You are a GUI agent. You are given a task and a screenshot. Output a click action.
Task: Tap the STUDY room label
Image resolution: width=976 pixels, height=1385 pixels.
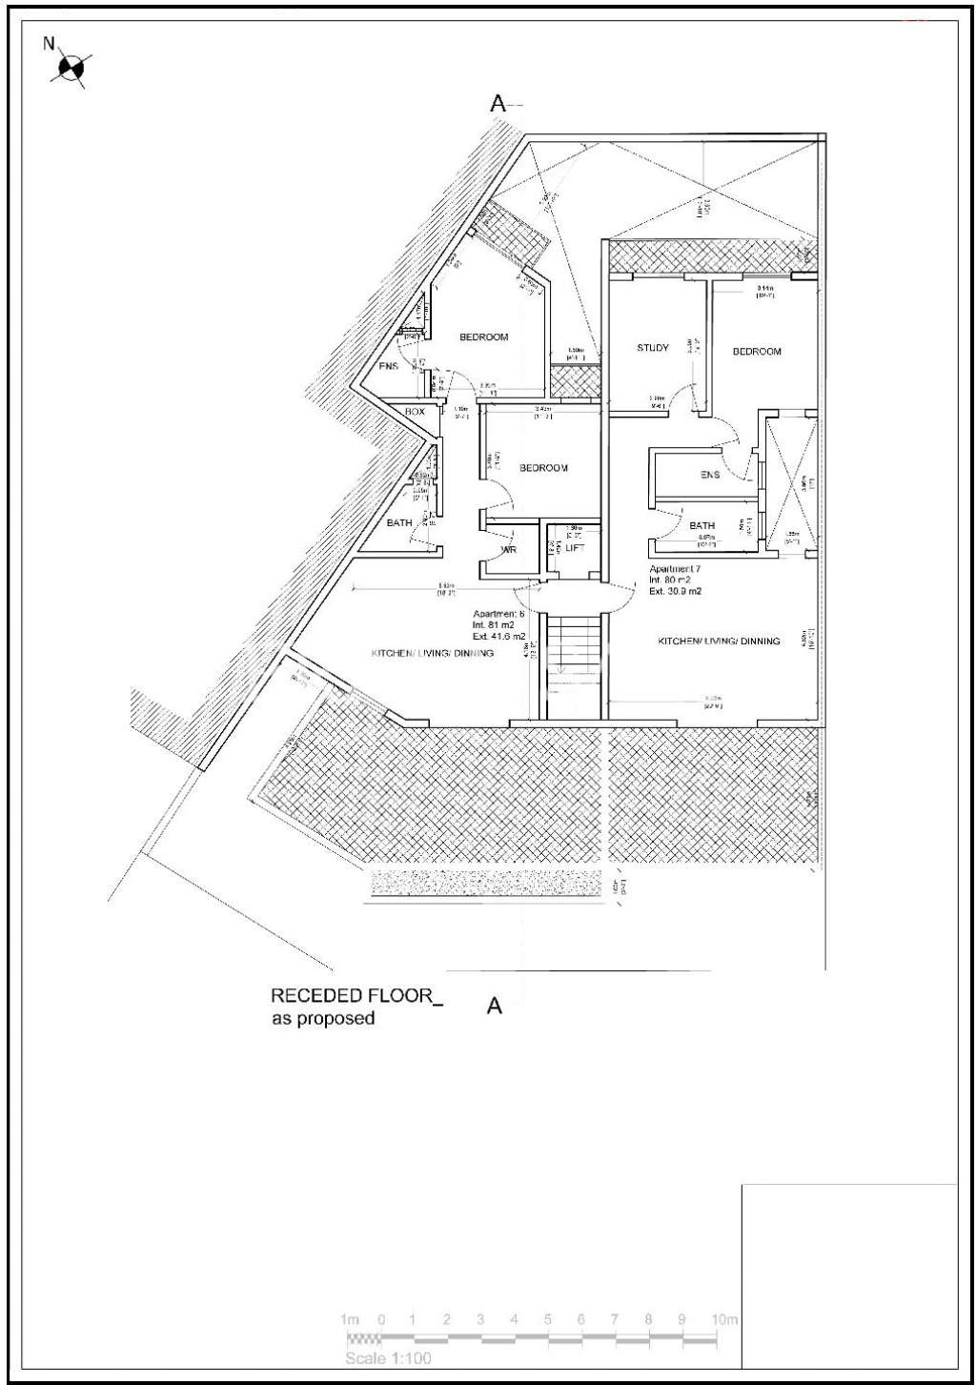[653, 348]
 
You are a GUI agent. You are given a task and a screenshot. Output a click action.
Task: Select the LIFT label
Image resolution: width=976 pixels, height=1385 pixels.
[575, 548]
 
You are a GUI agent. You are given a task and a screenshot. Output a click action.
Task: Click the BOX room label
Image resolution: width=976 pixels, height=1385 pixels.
[415, 412]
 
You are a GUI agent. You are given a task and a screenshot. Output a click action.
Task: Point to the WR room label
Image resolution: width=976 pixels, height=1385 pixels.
[509, 550]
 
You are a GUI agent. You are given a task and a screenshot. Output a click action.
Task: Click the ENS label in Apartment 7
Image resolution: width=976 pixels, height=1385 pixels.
[710, 475]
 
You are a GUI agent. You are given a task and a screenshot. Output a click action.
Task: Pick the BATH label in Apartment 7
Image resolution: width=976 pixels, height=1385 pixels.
[702, 525]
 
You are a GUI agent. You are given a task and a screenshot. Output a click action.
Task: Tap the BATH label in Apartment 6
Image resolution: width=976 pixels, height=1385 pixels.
[399, 522]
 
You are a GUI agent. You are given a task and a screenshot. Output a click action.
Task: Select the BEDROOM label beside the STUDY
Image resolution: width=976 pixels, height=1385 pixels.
[757, 352]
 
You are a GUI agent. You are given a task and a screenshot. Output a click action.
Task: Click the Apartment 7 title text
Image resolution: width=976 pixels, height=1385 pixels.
[675, 569]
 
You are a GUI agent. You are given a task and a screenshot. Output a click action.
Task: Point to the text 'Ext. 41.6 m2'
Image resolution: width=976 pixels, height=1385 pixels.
[498, 636]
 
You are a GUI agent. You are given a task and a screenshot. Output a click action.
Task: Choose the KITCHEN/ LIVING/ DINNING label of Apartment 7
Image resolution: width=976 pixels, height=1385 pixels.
[719, 642]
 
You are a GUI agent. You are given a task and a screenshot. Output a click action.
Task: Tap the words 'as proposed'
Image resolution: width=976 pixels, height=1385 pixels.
[323, 1019]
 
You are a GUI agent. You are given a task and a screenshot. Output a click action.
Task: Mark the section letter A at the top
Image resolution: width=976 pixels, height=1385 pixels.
[498, 104]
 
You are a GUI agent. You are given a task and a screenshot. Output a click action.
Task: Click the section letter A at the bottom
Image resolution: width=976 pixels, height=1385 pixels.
[494, 1006]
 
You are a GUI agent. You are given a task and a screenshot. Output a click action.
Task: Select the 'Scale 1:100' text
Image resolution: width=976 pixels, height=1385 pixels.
[388, 1358]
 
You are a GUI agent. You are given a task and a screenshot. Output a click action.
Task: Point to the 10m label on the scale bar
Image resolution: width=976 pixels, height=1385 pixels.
[724, 1320]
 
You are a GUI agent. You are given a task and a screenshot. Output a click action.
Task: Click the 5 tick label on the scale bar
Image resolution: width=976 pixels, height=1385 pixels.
[547, 1320]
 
